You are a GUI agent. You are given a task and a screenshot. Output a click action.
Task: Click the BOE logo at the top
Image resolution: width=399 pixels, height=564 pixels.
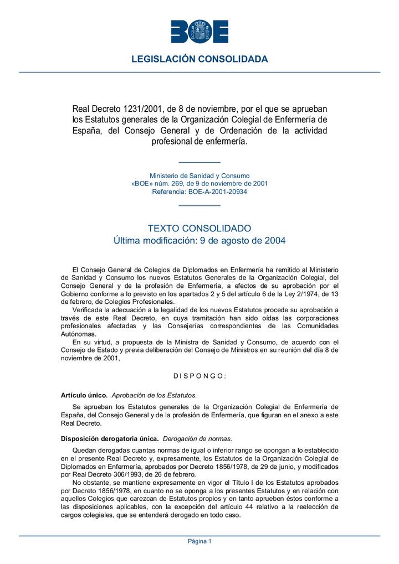(x=199, y=32)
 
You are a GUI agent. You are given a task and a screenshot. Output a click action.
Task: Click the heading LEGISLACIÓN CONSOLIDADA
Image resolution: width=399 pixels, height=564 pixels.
(x=199, y=59)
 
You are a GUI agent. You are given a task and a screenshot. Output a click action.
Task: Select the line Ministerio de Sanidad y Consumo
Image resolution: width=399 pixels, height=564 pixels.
(x=199, y=175)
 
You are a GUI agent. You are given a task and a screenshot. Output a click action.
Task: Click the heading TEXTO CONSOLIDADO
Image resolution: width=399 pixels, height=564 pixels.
(x=199, y=228)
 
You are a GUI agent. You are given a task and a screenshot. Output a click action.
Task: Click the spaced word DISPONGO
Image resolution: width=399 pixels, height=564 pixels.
(x=199, y=376)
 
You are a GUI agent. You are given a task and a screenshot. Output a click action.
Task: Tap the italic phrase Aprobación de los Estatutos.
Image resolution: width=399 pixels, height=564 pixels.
(x=154, y=395)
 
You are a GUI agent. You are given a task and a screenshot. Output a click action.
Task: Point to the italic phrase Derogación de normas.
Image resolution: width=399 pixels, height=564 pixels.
(x=198, y=438)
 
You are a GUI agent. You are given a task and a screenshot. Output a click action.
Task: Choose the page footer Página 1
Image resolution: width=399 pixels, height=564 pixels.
(x=199, y=541)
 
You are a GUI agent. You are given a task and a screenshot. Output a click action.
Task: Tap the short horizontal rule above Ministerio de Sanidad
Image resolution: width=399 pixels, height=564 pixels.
(x=199, y=162)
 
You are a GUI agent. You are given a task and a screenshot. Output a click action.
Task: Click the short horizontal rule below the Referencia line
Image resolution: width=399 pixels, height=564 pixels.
(x=199, y=205)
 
